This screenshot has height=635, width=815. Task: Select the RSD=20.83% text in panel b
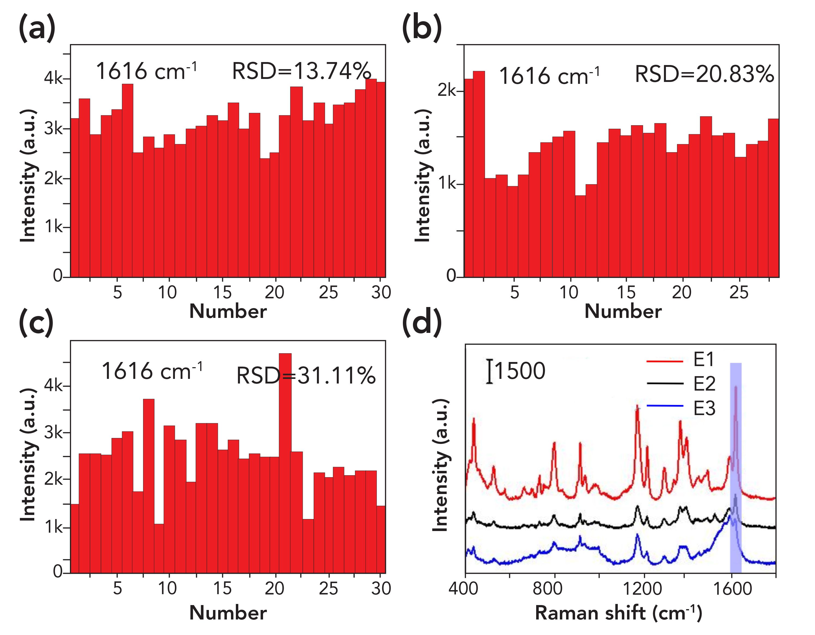(704, 74)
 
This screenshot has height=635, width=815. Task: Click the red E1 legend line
(665, 361)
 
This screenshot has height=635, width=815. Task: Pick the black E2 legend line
(665, 384)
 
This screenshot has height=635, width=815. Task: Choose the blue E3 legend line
(665, 406)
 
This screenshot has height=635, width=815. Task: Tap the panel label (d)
(422, 323)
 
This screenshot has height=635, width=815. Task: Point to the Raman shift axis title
(619, 613)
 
